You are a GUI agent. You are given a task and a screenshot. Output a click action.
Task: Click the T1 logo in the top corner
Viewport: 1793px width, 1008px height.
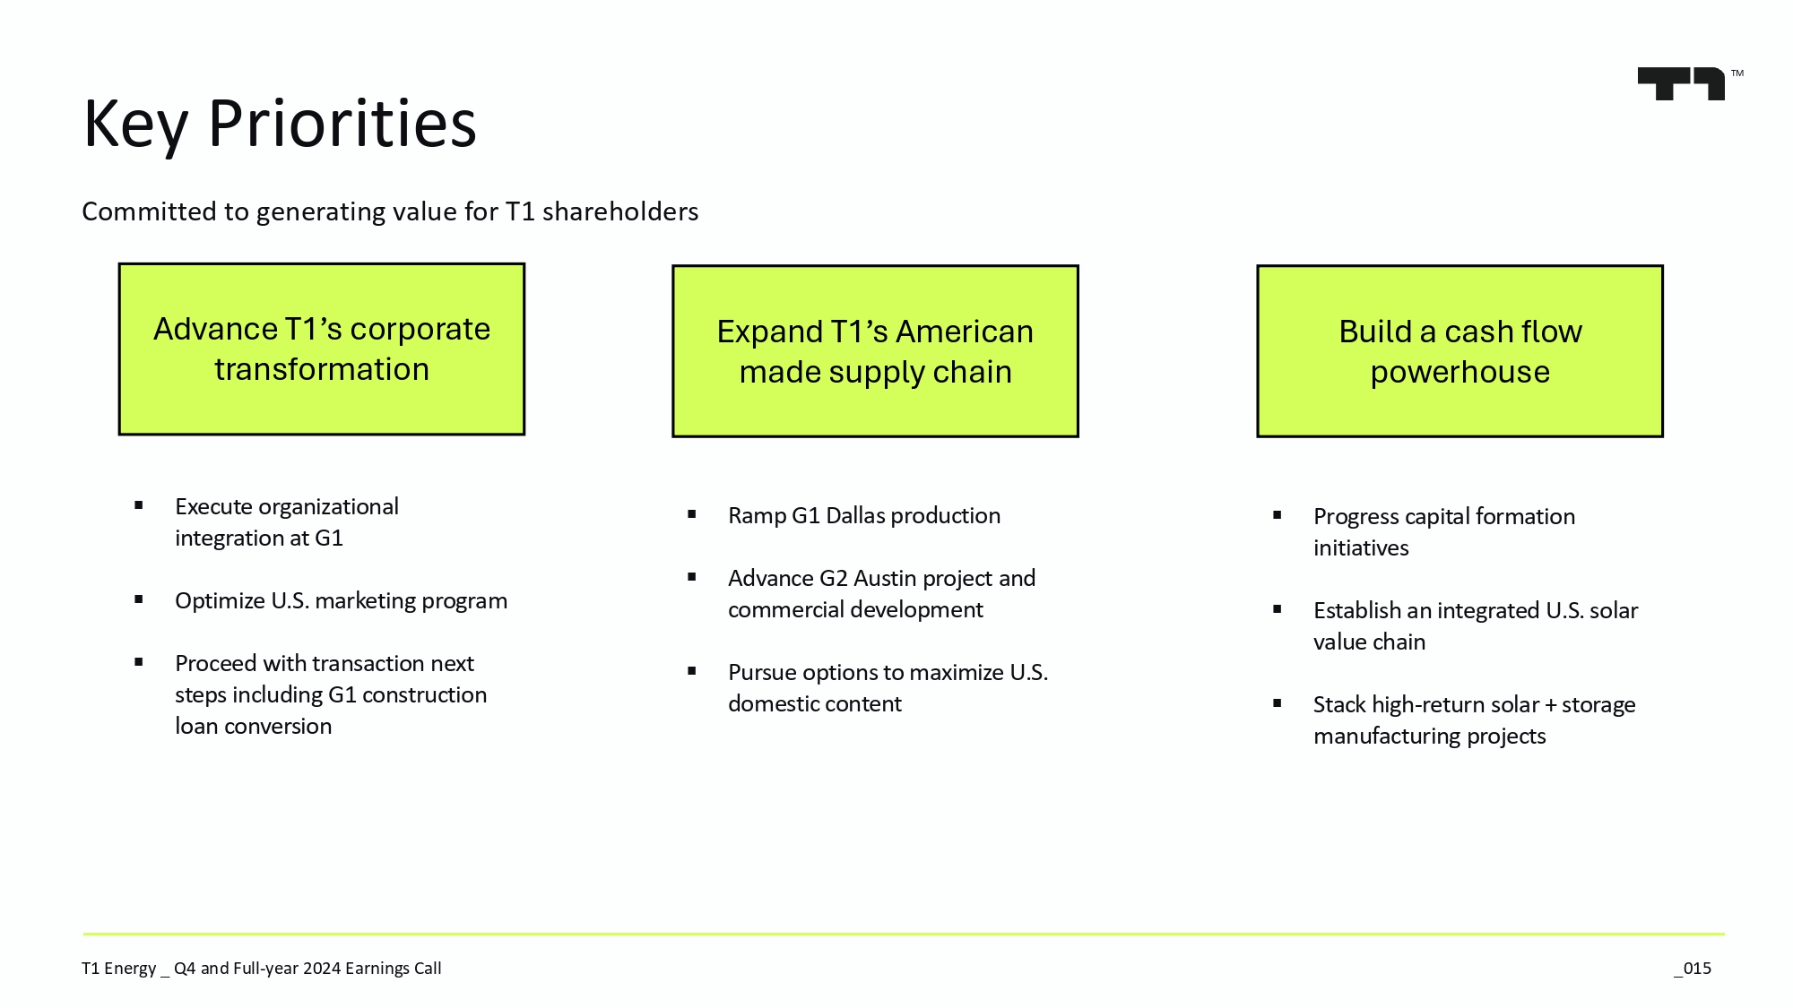tap(1682, 84)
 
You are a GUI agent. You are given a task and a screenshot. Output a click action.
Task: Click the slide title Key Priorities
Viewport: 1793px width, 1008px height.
tap(280, 124)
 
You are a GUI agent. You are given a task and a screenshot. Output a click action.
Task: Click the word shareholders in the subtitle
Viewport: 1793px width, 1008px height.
tap(620, 211)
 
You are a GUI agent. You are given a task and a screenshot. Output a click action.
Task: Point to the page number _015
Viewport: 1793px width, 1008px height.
tap(1693, 969)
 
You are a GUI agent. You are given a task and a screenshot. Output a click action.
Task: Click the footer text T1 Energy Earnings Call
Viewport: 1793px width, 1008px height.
tap(262, 969)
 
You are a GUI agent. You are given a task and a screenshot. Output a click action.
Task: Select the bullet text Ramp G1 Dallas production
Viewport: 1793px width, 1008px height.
tap(864, 515)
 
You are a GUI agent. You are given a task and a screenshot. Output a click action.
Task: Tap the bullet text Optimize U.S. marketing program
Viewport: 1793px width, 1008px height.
tap(341, 600)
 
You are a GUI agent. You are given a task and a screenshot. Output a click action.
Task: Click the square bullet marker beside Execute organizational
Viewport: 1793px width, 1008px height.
tap(139, 505)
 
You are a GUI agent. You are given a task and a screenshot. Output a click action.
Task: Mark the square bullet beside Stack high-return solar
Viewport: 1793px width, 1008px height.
tap(1278, 703)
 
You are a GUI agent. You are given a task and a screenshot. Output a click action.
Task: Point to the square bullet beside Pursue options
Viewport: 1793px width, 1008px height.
tap(692, 671)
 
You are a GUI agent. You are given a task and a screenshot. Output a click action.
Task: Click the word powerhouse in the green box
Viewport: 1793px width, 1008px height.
tap(1460, 373)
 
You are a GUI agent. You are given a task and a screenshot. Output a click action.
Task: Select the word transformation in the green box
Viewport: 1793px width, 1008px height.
tap(322, 369)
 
